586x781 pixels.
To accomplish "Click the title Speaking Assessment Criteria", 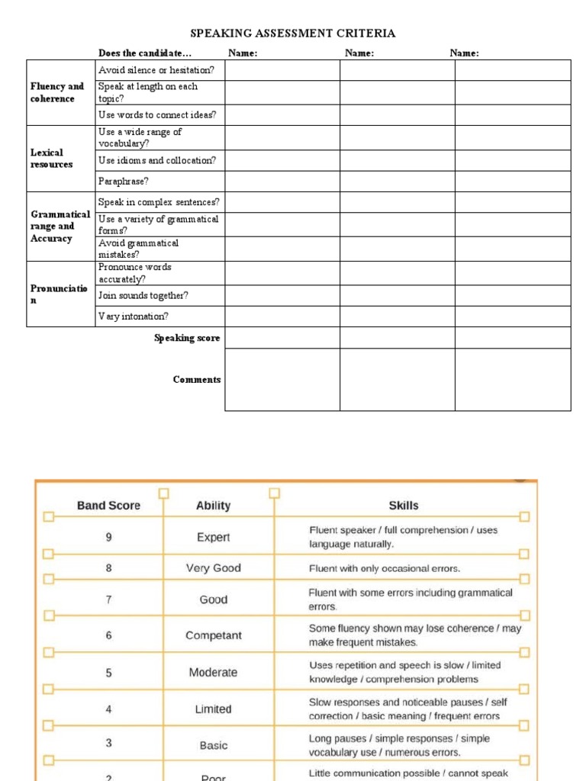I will tap(292, 34).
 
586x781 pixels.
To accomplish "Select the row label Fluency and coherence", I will tap(57, 92).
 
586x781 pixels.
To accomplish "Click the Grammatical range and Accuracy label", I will tap(60, 227).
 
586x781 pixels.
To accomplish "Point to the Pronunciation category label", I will tap(60, 294).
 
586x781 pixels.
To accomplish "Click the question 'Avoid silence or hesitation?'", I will tap(156, 70).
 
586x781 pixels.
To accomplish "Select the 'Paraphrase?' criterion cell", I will tap(124, 182).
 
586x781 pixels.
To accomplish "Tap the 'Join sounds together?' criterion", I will tap(143, 295).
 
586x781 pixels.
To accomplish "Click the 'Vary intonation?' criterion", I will tap(134, 316).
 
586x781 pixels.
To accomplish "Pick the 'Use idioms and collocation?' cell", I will tap(157, 160).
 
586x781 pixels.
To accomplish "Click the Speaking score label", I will tap(187, 338).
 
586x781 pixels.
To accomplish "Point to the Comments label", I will tap(197, 379).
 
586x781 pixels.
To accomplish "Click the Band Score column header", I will tap(108, 506).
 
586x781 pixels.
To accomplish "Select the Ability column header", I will tap(213, 506).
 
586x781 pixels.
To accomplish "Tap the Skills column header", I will tap(403, 506).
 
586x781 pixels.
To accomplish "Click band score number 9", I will tap(108, 537).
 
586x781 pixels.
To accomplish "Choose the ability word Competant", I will tap(213, 635).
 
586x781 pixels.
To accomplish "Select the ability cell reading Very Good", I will tap(213, 568).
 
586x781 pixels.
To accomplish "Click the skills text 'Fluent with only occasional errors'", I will tap(385, 568).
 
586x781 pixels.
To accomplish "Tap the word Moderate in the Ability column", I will tap(213, 672).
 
